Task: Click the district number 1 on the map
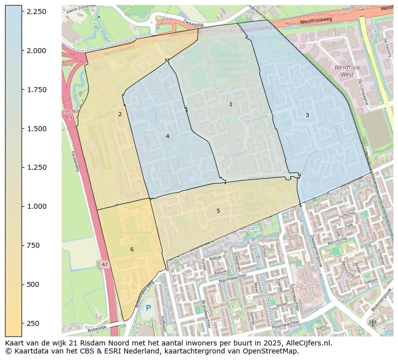[231, 104]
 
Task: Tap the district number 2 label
[120, 114]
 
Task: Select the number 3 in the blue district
[307, 115]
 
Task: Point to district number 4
[167, 136]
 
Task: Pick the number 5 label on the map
[218, 211]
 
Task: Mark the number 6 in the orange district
[132, 249]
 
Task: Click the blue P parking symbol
[148, 308]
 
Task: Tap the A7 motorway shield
[104, 264]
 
